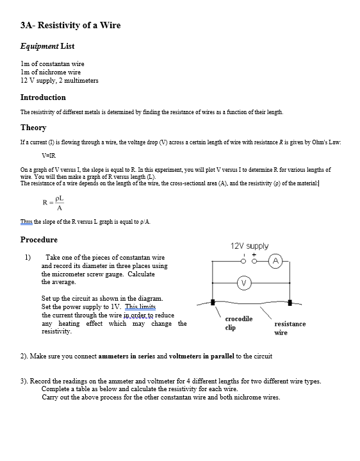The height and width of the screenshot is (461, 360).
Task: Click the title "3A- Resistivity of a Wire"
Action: pos(70,26)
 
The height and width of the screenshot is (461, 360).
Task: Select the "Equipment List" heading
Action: pos(47,46)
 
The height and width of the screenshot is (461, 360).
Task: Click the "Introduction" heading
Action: pos(43,97)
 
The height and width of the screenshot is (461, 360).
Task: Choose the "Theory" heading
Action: pos(33,128)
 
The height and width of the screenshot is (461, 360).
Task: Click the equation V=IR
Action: pos(49,155)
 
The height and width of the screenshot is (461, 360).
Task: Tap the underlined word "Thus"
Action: pos(26,222)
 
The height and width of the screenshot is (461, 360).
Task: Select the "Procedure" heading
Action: pos(39,240)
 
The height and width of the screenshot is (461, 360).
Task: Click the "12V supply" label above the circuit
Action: pos(249,246)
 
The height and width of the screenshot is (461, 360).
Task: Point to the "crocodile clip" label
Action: pos(238,323)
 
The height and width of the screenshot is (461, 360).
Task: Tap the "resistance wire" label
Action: pos(290,328)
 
